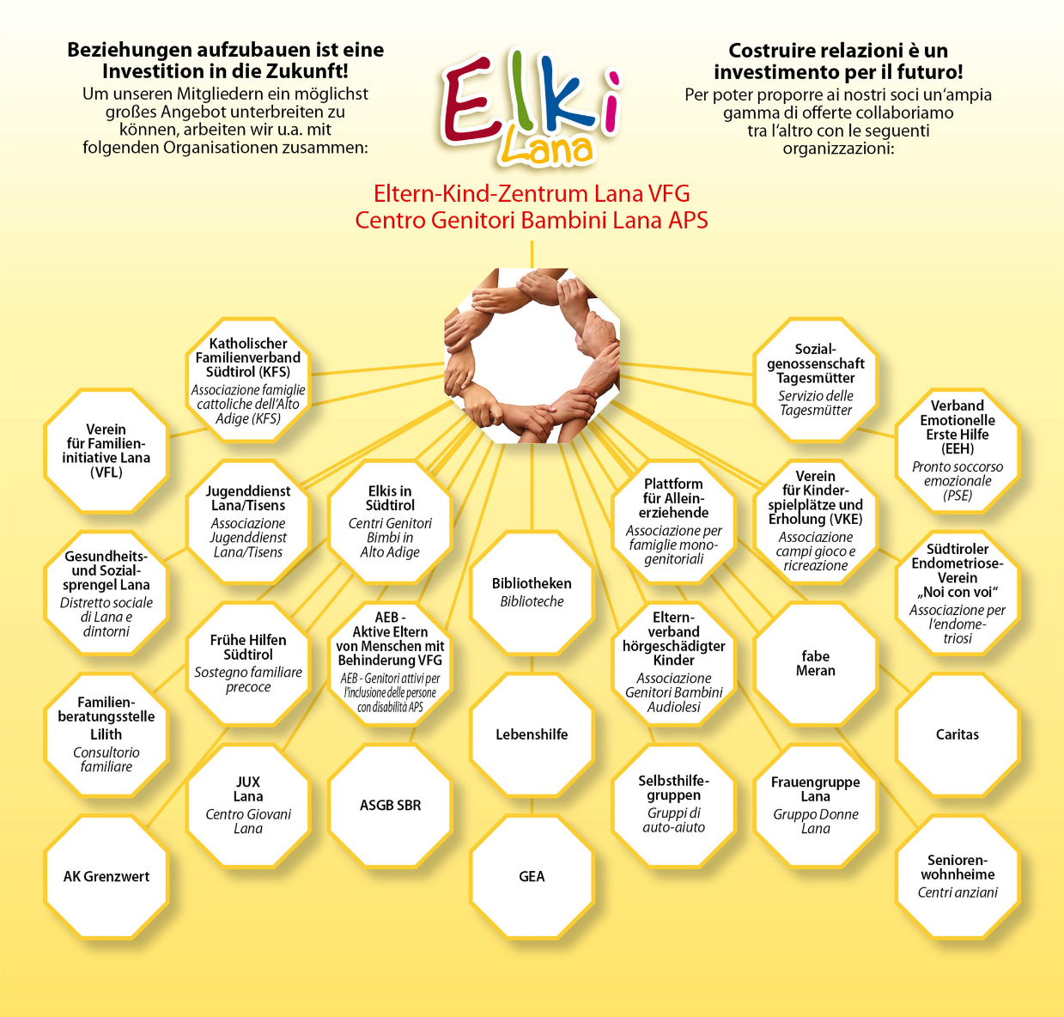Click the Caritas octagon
click(957, 734)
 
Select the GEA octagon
click(532, 876)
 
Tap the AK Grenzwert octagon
click(106, 876)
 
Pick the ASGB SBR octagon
click(390, 806)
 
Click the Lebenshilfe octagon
click(532, 734)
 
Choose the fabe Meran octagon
click(815, 663)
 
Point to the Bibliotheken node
click(532, 592)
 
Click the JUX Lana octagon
click(248, 806)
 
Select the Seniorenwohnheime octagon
click(957, 876)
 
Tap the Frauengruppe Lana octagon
click(815, 806)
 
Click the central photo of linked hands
click(532, 356)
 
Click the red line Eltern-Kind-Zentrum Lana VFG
click(532, 193)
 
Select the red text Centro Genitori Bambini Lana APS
click(532, 221)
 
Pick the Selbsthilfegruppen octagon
click(673, 806)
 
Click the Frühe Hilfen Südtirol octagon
click(248, 663)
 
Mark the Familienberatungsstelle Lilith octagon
click(106, 734)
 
